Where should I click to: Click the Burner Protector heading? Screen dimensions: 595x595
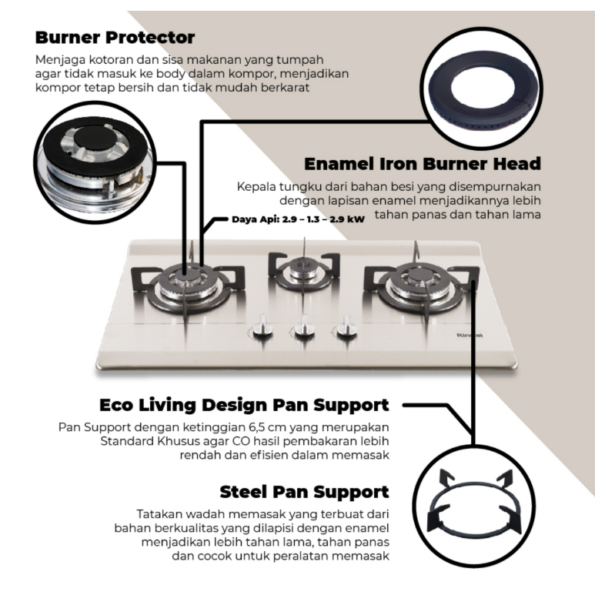[x=115, y=37]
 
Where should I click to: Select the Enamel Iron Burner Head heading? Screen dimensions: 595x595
[x=422, y=164]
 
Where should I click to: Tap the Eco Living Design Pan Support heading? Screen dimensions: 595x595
[x=244, y=405]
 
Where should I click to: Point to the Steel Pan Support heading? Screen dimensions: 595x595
[x=303, y=491]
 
